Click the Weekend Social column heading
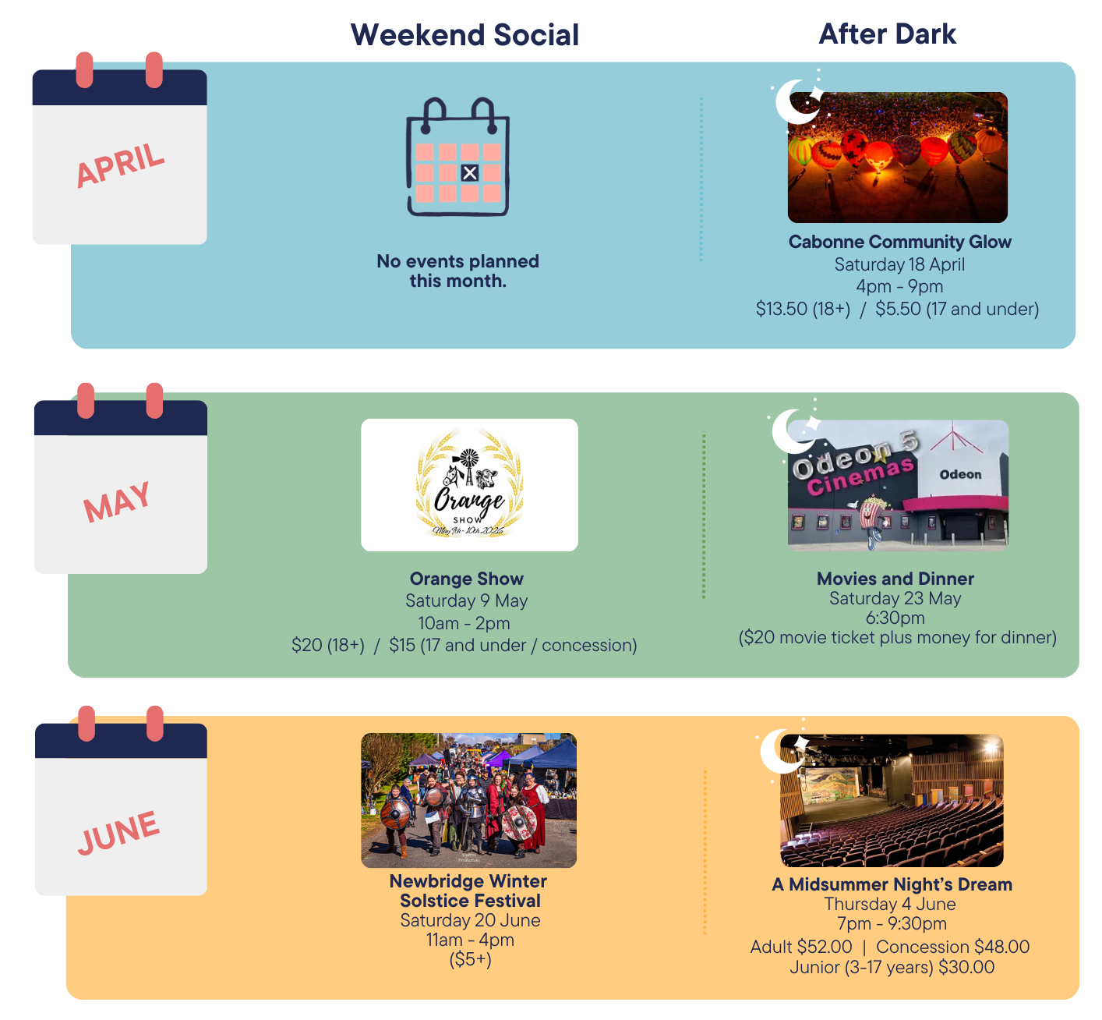(464, 34)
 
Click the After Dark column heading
(887, 34)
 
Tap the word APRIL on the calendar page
(120, 165)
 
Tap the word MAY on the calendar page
(117, 501)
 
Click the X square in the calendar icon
(469, 172)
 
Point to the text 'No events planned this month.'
(457, 271)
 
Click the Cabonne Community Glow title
(899, 242)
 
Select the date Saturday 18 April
(899, 264)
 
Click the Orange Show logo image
(469, 484)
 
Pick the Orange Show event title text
(466, 579)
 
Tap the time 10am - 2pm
(464, 623)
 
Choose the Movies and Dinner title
(895, 579)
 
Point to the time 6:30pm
(895, 618)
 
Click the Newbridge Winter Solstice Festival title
(469, 890)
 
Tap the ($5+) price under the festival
(470, 959)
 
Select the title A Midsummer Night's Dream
(892, 884)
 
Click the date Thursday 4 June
(889, 904)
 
